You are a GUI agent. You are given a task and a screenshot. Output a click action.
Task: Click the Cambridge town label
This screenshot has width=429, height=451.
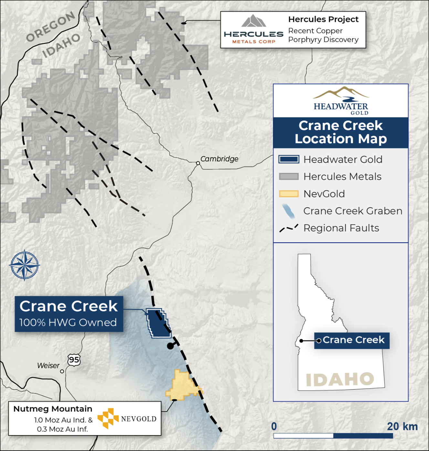[219, 159]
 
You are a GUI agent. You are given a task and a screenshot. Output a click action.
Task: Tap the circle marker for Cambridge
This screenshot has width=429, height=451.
[198, 163]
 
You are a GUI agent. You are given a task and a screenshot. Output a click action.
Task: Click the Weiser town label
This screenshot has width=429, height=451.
[48, 366]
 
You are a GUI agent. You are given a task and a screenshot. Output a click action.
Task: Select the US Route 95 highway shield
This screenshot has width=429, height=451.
[74, 360]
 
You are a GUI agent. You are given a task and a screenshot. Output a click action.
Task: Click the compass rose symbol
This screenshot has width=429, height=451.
[25, 265]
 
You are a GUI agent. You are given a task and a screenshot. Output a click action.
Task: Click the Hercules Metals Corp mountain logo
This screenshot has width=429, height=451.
[254, 21]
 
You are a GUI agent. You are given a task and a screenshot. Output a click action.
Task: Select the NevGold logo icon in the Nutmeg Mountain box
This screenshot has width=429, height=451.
[108, 418]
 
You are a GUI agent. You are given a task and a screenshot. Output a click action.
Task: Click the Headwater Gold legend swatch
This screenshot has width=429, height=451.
[289, 159]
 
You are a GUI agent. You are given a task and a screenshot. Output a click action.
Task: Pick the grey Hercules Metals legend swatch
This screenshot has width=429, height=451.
[289, 177]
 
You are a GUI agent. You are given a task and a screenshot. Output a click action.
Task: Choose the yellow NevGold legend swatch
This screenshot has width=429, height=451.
[289, 194]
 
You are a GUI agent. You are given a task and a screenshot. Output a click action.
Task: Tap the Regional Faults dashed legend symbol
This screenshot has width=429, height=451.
[289, 228]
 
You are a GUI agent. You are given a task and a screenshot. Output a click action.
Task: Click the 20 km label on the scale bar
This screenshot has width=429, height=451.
[402, 426]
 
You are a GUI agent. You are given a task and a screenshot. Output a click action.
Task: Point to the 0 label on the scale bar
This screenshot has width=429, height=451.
[274, 426]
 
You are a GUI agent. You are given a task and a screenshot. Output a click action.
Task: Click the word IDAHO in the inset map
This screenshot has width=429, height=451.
[340, 379]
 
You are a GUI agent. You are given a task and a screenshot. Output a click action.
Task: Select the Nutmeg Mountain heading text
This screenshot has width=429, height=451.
[53, 409]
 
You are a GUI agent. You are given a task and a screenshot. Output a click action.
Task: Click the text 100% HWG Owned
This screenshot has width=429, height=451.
[68, 323]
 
